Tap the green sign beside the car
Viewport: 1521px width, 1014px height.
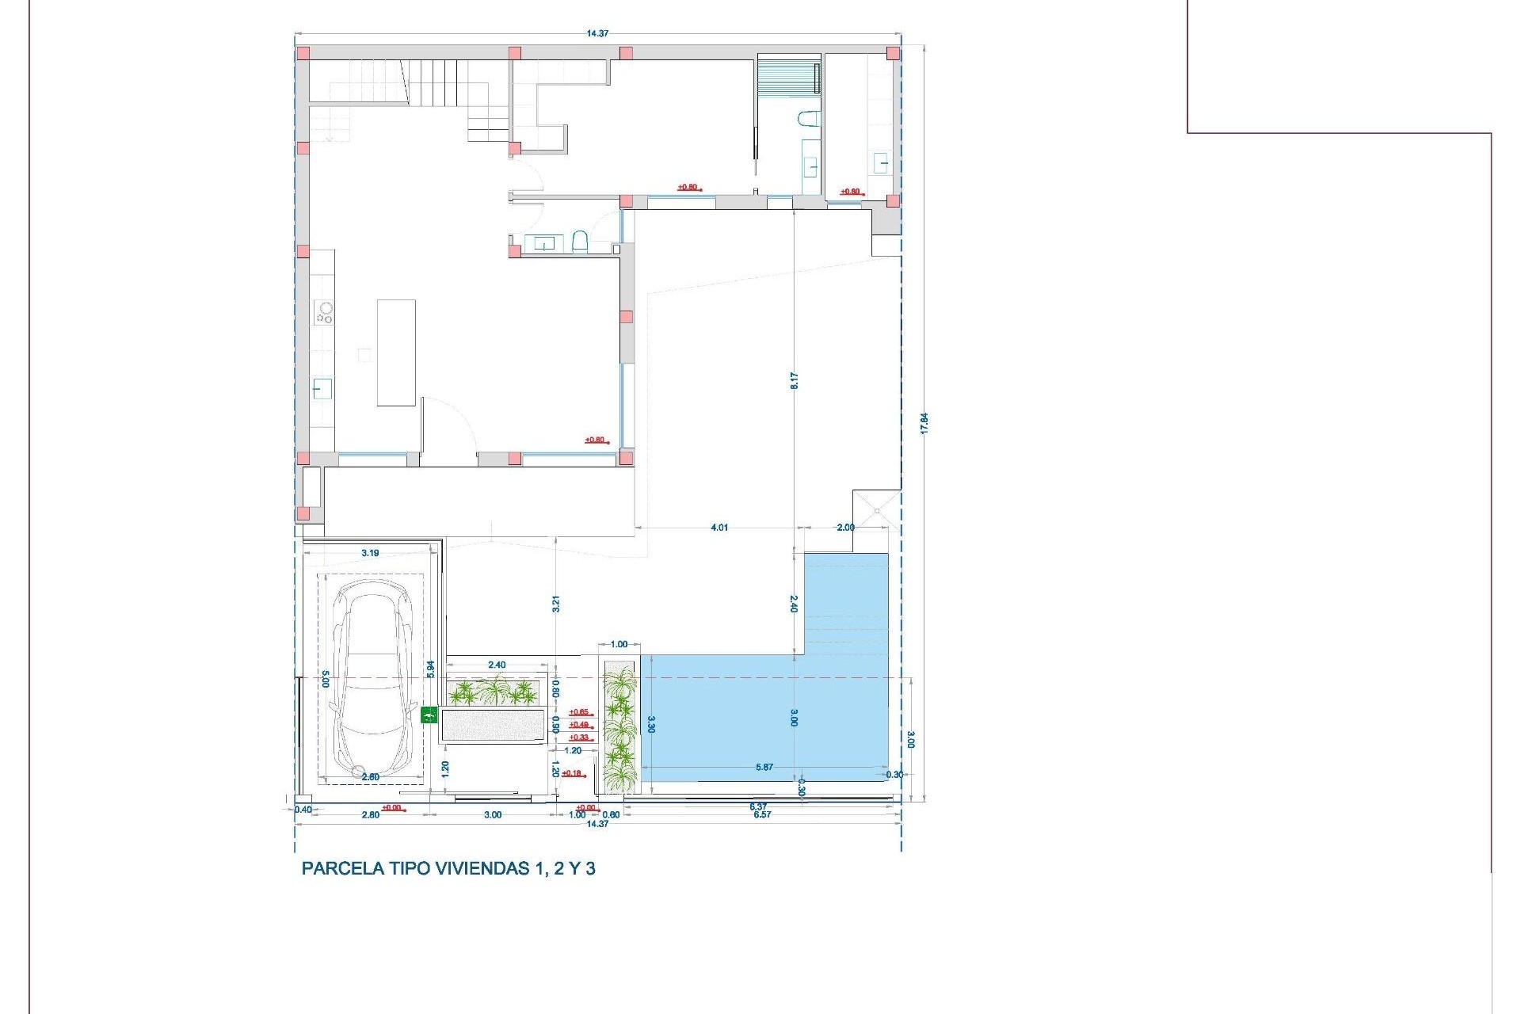pos(429,715)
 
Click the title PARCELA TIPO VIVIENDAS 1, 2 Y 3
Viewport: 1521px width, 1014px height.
pos(448,868)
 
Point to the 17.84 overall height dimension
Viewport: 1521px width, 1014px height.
pos(924,422)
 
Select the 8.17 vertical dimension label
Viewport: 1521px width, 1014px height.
pos(794,380)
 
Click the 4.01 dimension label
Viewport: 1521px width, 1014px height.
pos(719,528)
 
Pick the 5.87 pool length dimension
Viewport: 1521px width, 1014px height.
pos(764,767)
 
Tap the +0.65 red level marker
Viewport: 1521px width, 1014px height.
pos(579,712)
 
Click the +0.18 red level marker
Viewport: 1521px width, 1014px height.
pos(571,773)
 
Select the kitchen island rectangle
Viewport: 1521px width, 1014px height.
pos(396,353)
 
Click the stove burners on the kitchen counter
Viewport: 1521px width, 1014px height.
pos(324,312)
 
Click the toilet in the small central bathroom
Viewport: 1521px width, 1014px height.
pos(579,242)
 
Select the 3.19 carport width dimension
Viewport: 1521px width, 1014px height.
pos(369,553)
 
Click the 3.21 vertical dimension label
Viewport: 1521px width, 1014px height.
pos(556,604)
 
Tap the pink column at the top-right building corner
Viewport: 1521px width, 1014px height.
pos(893,54)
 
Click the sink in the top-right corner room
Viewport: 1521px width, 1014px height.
pos(882,164)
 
